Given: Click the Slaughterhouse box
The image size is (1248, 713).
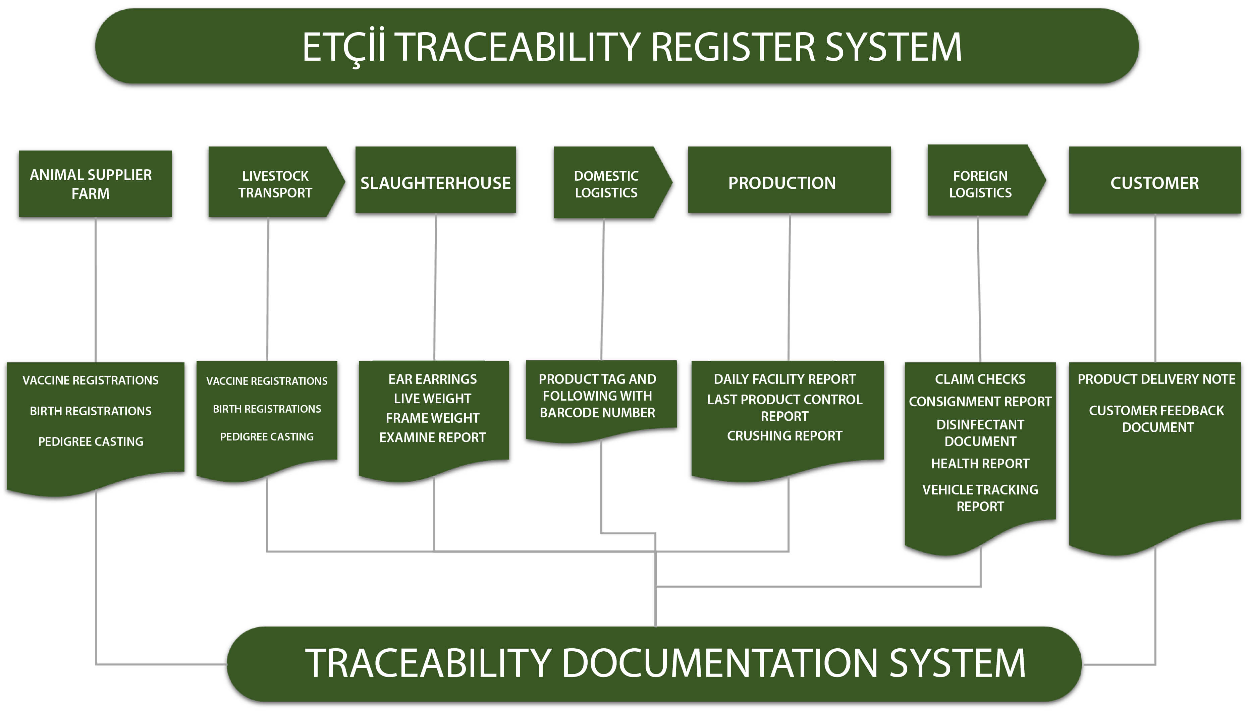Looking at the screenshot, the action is (435, 180).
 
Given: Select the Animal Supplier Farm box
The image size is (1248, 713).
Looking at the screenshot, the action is (95, 184).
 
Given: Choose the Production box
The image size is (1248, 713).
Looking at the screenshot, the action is (789, 180).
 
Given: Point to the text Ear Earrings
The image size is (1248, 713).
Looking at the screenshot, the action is (432, 379).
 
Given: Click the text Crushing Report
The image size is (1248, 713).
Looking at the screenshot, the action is (784, 436).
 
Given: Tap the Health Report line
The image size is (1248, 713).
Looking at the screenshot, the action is (980, 464).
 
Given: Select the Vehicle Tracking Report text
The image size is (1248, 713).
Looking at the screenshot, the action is (980, 498).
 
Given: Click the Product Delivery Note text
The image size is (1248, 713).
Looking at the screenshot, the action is (1156, 379).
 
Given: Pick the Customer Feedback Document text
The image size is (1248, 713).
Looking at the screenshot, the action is (1157, 419).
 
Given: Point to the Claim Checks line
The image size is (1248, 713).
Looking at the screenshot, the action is (980, 379).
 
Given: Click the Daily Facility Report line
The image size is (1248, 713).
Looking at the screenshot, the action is (784, 379).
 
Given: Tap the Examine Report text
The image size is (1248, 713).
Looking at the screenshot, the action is (432, 437).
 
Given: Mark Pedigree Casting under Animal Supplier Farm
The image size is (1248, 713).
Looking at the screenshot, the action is (91, 442).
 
